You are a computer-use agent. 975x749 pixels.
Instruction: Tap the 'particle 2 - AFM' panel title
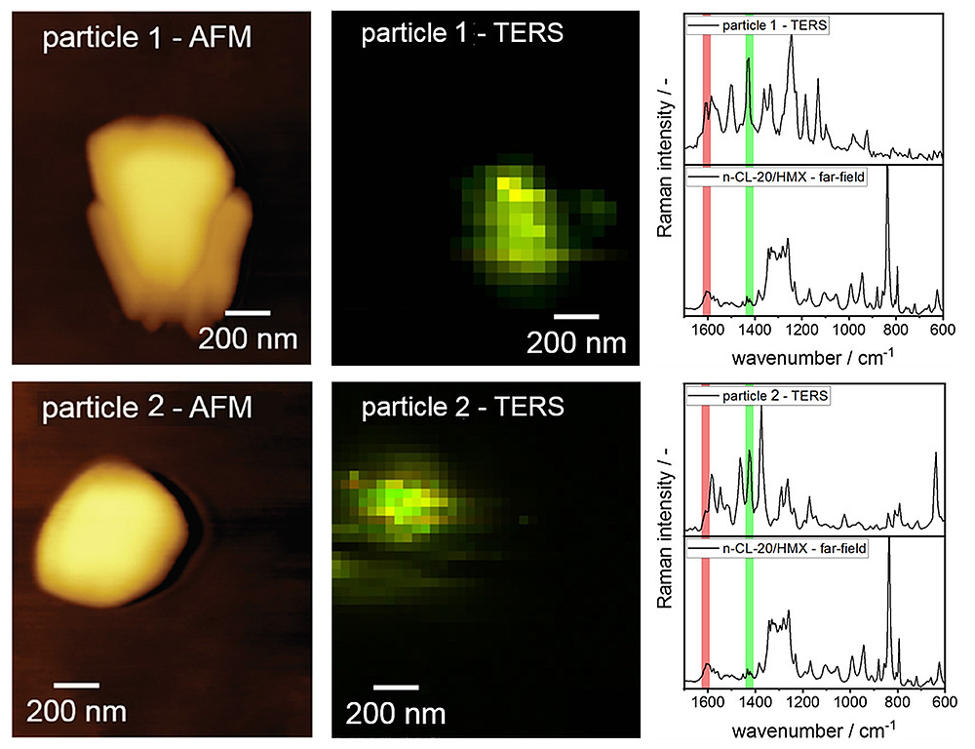(x=146, y=406)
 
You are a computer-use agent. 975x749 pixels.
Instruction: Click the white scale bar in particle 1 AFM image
(x=248, y=313)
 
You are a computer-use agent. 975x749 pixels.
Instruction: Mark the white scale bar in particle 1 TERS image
(x=576, y=316)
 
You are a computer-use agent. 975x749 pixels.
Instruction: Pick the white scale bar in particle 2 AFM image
(x=76, y=684)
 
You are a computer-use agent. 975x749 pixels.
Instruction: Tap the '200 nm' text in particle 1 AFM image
(x=248, y=338)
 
